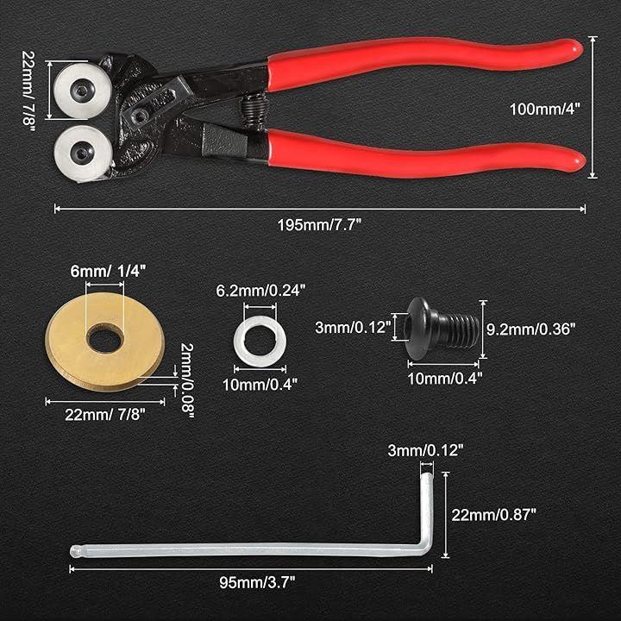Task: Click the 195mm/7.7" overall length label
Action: pyautogui.click(x=319, y=225)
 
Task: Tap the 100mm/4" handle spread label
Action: pyautogui.click(x=544, y=110)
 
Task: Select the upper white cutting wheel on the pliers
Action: pyautogui.click(x=83, y=91)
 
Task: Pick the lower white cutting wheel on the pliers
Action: pyautogui.click(x=83, y=154)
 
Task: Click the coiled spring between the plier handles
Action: pyautogui.click(x=254, y=113)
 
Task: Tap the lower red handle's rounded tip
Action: pyautogui.click(x=575, y=160)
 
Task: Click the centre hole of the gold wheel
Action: pyautogui.click(x=104, y=338)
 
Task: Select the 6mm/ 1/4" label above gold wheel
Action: pyautogui.click(x=108, y=272)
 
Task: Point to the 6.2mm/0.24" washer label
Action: pyautogui.click(x=260, y=291)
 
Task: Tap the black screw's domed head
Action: pyautogui.click(x=420, y=328)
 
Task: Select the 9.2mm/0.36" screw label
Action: pyautogui.click(x=530, y=329)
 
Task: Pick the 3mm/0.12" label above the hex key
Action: pyautogui.click(x=425, y=451)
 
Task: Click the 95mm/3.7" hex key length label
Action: pyautogui.click(x=257, y=582)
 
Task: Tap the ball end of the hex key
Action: pyautogui.click(x=76, y=551)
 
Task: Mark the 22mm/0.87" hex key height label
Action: pyautogui.click(x=493, y=515)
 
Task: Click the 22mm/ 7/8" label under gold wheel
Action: pyautogui.click(x=105, y=415)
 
